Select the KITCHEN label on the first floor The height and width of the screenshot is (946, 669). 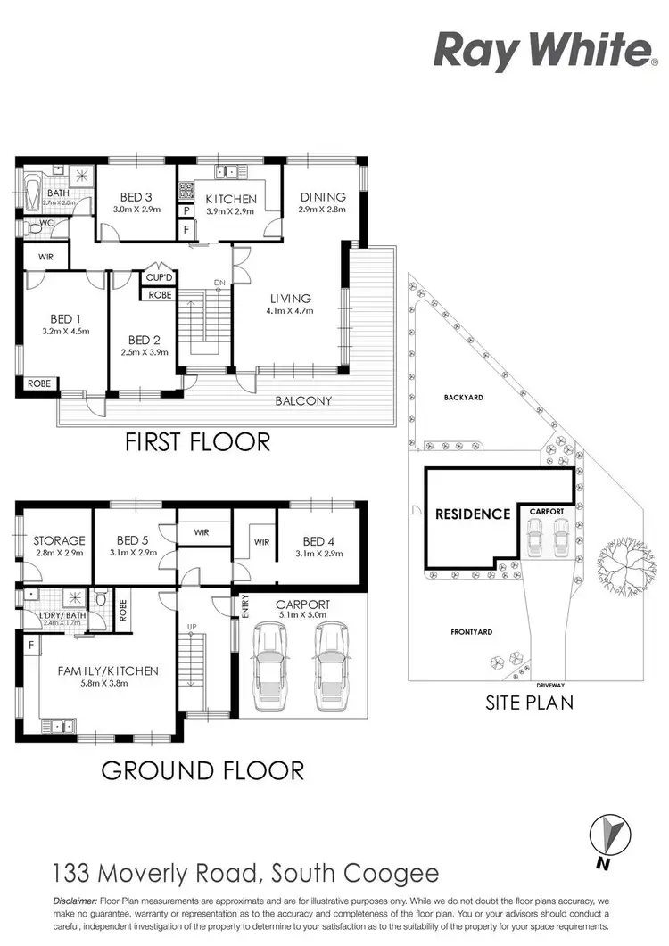click(x=230, y=199)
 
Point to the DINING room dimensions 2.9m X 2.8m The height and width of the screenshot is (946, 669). click(x=322, y=210)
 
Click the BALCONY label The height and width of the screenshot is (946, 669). click(x=303, y=401)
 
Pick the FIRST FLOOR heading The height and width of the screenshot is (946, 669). click(x=196, y=440)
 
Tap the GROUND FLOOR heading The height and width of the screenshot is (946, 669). click(x=202, y=769)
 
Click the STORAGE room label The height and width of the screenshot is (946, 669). click(x=59, y=540)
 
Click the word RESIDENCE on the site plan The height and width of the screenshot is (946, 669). click(x=473, y=514)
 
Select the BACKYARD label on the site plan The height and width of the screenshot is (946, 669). click(x=463, y=398)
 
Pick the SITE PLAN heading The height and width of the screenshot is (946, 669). click(x=529, y=703)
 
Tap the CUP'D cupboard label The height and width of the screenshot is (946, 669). click(x=159, y=276)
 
